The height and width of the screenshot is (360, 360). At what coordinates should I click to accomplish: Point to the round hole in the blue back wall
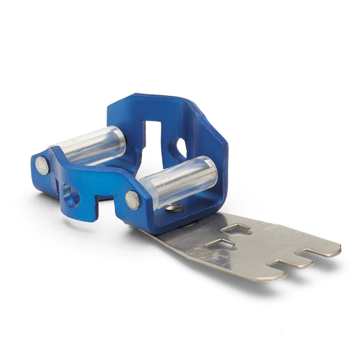coord(180,148)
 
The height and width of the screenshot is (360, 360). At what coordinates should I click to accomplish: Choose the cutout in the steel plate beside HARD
coord(236,230)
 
